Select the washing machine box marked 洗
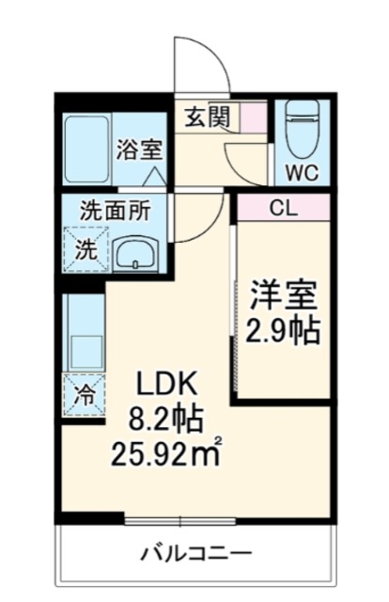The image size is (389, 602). [85, 251]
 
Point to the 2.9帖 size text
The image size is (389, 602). [282, 331]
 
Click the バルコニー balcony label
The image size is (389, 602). [197, 552]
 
